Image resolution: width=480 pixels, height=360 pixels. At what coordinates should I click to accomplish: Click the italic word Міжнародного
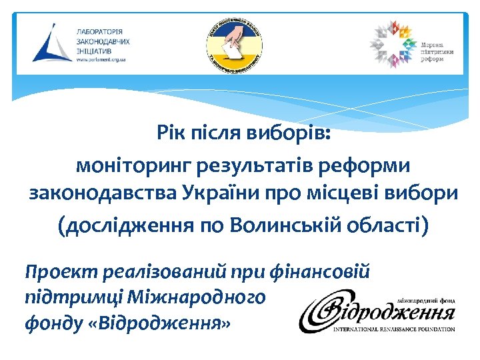point(203,297)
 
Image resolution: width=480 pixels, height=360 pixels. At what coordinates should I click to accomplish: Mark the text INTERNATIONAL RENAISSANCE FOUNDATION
point(395,329)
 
